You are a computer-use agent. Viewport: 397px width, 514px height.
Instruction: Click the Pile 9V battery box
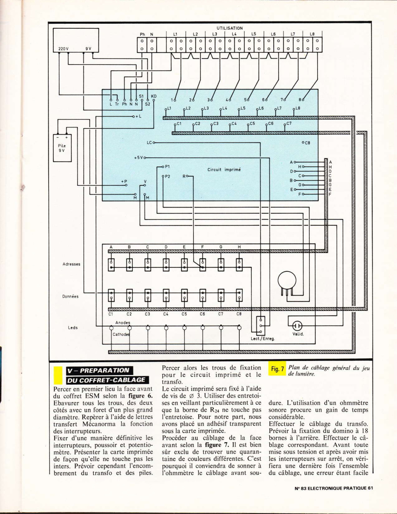[x=62, y=148]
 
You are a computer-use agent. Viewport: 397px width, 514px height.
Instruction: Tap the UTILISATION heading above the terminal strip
[x=230, y=28]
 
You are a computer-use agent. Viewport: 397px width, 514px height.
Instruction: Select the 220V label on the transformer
[x=63, y=49]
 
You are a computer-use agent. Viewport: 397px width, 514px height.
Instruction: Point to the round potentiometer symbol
[x=287, y=280]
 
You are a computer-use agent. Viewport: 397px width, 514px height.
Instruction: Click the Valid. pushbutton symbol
[x=297, y=326]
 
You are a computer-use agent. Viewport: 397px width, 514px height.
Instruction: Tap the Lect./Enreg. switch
[x=260, y=326]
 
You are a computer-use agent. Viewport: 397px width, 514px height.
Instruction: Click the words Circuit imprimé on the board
[x=224, y=169]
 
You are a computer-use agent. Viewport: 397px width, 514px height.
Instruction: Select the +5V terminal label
[x=139, y=158]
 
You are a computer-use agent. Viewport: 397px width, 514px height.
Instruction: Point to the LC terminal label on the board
[x=149, y=143]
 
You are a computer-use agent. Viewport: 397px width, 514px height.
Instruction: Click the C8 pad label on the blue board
[x=307, y=143]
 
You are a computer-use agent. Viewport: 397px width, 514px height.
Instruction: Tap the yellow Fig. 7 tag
[x=277, y=368]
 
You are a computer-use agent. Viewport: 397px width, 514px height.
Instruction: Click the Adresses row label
[x=71, y=264]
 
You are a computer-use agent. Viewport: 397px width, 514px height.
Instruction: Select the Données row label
[x=70, y=296]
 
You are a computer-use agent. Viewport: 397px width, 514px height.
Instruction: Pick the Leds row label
[x=73, y=327]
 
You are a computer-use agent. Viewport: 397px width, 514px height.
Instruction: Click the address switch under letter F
[x=203, y=265]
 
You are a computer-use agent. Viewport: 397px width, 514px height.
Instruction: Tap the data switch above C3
[x=148, y=295]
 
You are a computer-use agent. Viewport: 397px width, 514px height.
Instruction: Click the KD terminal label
[x=154, y=96]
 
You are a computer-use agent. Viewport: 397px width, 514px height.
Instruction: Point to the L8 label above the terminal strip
[x=312, y=34]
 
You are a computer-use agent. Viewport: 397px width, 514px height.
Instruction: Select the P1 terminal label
[x=167, y=167]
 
